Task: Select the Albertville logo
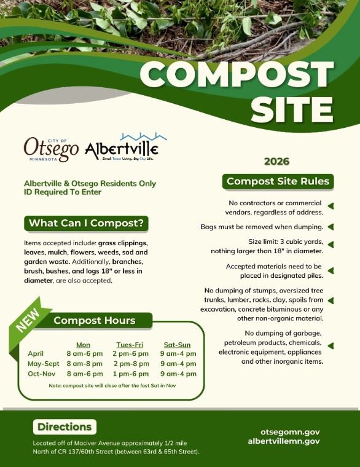point(122,147)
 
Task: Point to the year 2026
point(276,162)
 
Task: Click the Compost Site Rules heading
point(278,181)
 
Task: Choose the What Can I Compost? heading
point(86,223)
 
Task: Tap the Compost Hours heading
point(94,320)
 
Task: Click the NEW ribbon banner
point(28,319)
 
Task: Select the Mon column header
point(83,344)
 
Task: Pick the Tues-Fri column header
point(130,344)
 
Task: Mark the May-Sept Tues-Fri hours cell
point(130,363)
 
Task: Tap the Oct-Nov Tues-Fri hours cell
point(130,373)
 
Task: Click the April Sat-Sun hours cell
point(178,353)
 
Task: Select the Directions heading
point(64,426)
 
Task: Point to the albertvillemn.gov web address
point(283,441)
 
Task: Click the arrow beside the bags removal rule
point(331,227)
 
